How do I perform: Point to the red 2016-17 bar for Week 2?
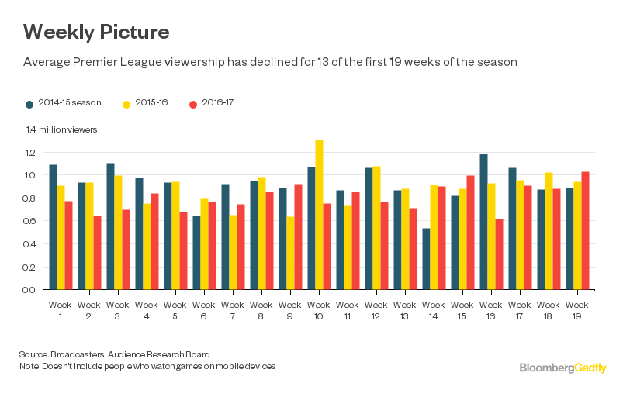(97, 253)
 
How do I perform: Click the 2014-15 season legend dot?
(29, 103)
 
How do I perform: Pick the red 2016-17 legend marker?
(193, 103)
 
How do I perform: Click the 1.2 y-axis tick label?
(29, 153)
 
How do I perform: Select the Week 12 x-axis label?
(376, 309)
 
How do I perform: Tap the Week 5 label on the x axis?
(175, 309)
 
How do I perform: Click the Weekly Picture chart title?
(96, 33)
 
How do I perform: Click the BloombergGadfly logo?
(562, 368)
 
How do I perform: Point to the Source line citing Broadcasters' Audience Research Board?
(125, 354)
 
